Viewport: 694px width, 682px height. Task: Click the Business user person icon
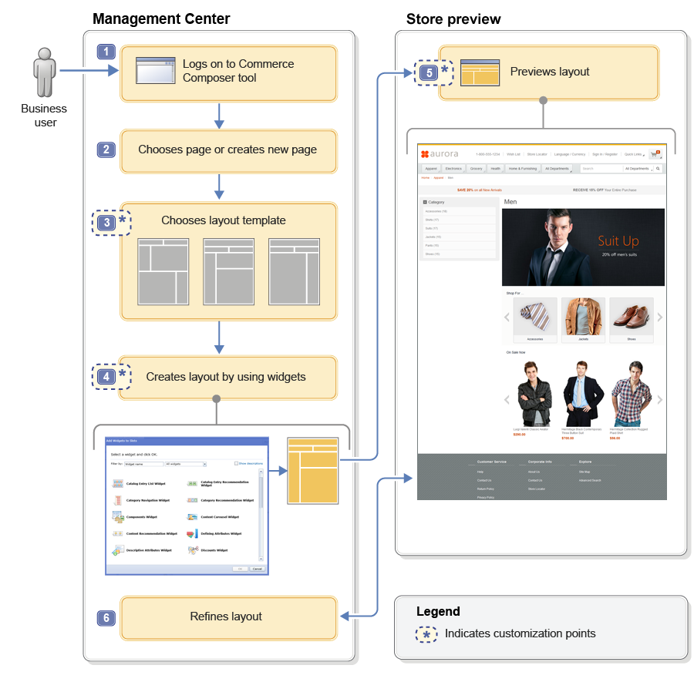45,74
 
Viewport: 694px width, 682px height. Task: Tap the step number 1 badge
106,52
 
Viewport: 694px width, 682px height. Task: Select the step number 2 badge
106,150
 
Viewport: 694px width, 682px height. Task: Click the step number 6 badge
106,617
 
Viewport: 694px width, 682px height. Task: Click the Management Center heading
161,18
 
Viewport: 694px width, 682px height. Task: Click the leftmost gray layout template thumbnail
163,271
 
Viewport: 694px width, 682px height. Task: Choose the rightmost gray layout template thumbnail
294,271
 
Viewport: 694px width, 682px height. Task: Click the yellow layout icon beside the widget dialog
312,470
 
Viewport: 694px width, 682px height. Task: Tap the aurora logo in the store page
440,154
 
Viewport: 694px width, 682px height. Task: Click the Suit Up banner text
618,241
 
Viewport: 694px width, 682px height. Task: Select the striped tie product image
534,316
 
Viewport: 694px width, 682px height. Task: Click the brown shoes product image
631,316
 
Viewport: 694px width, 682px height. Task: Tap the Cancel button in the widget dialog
257,569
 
